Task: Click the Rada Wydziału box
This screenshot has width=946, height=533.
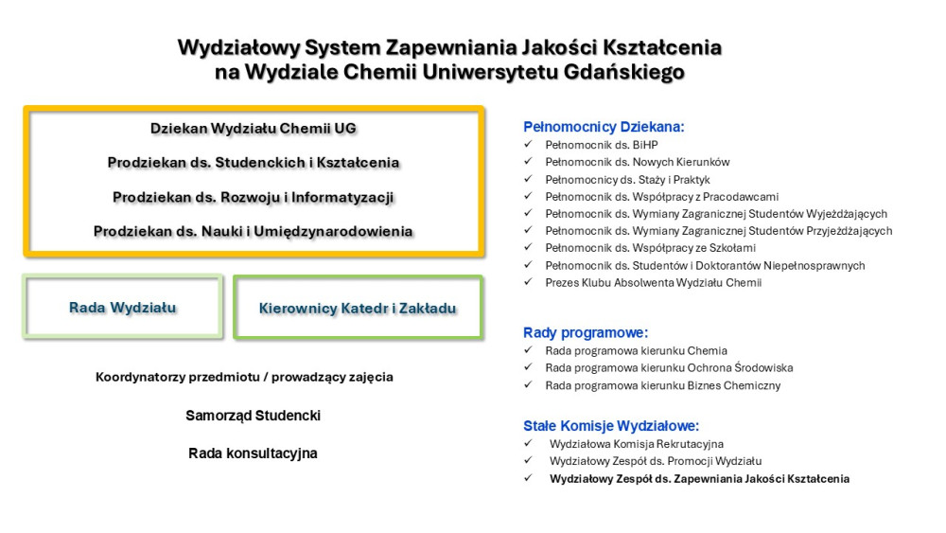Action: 123,308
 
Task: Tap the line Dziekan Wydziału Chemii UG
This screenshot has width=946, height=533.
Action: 254,129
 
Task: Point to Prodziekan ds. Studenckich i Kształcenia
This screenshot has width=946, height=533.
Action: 254,163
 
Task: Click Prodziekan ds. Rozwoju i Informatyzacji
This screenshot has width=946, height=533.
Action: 254,197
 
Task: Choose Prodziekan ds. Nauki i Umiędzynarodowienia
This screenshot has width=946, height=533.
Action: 254,231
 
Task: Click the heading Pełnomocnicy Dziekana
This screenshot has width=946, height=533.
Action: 603,127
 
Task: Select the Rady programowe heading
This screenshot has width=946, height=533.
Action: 586,332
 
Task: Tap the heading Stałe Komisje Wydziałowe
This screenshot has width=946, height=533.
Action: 611,426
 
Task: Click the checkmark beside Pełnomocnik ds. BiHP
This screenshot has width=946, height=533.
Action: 528,145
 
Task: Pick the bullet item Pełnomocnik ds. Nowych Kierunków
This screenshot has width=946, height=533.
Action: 637,162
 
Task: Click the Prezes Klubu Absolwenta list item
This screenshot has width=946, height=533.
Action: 653,282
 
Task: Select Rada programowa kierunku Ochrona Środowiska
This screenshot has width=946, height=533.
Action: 669,367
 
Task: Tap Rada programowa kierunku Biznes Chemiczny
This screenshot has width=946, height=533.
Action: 662,385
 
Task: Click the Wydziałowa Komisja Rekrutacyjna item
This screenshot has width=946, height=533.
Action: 636,443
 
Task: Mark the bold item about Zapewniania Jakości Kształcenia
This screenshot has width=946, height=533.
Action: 699,479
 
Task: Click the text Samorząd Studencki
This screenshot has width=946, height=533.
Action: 254,416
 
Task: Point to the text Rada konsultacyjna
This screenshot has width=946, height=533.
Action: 254,453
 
